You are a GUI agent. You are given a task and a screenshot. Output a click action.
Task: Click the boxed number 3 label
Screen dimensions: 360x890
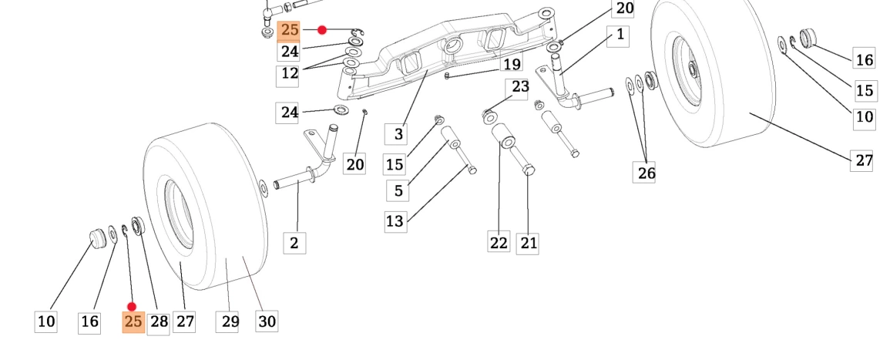[398, 134]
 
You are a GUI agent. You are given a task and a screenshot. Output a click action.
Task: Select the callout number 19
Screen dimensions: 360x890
[512, 65]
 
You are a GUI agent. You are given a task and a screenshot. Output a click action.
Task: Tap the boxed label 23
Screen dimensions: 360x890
[520, 86]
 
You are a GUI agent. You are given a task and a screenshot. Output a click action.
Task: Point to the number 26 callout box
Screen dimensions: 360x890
[646, 173]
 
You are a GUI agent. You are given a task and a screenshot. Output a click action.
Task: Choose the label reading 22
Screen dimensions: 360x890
[499, 243]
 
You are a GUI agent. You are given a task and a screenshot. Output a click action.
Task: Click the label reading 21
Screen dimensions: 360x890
[528, 243]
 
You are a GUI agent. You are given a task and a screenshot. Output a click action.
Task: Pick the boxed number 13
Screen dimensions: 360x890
[395, 222]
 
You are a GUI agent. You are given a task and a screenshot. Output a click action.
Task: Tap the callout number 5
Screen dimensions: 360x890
[398, 190]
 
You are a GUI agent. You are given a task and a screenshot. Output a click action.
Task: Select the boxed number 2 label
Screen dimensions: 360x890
[294, 243]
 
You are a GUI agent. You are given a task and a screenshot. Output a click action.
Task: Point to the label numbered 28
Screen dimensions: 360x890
[159, 321]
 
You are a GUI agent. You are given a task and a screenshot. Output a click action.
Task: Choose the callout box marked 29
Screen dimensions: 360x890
[230, 321]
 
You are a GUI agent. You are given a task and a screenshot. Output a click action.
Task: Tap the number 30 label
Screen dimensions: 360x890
[267, 321]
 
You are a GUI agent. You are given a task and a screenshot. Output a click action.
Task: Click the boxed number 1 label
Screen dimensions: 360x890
[619, 35]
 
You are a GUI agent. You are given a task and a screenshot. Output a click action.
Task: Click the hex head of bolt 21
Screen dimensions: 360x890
[528, 168]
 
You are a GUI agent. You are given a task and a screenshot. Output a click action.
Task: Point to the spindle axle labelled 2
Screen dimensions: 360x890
[297, 183]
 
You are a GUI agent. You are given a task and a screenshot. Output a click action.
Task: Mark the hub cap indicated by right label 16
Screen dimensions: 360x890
[808, 37]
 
